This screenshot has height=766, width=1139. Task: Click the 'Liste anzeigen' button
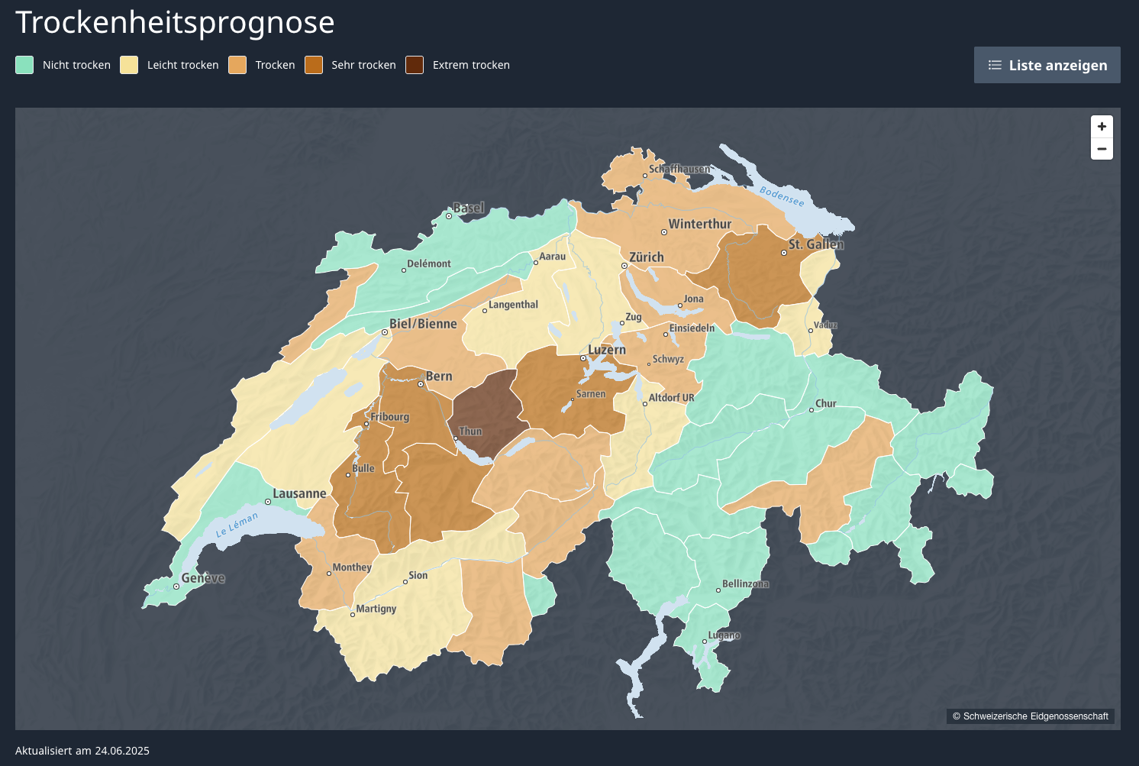click(1047, 65)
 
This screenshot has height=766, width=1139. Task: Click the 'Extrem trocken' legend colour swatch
click(415, 65)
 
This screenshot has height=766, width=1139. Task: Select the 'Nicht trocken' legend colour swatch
click(24, 65)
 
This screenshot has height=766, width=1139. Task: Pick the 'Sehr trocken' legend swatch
click(314, 65)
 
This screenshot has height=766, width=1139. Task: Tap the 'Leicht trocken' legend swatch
click(129, 65)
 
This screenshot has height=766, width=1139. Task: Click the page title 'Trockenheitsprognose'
click(175, 23)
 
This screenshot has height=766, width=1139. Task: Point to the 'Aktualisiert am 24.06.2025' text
click(82, 751)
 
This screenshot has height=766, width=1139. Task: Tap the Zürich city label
click(646, 257)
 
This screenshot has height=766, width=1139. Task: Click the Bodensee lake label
click(782, 196)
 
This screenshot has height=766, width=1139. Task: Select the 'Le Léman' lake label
click(237, 524)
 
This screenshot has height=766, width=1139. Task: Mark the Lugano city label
click(724, 635)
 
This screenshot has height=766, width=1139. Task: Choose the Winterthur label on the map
click(699, 224)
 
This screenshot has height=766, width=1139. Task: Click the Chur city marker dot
click(811, 410)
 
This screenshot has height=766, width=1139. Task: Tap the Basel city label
click(468, 208)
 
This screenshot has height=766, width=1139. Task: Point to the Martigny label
click(376, 609)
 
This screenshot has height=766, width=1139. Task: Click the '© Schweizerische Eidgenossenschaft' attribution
click(1030, 716)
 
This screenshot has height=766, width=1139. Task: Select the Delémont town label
click(428, 263)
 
